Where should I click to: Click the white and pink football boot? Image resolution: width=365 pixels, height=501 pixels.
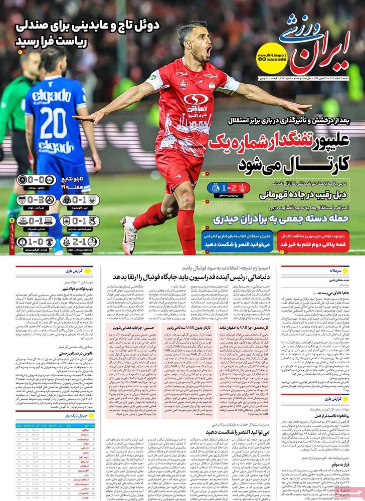pyautogui.click(x=128, y=234)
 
